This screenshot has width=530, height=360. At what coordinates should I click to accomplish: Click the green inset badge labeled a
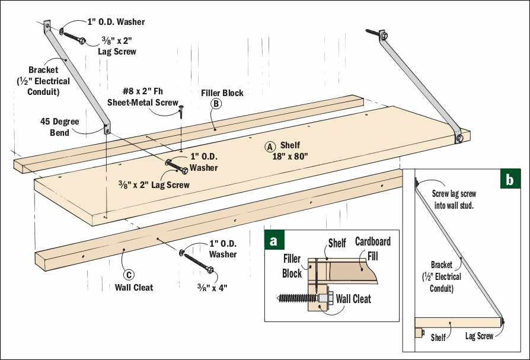click(273, 241)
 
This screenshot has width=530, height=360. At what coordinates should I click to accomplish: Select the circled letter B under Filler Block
click(216, 104)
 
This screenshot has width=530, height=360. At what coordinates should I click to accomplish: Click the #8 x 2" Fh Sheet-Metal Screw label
click(142, 97)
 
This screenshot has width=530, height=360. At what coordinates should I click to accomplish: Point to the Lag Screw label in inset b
click(479, 336)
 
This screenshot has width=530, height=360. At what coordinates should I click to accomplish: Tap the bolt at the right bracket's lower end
click(459, 139)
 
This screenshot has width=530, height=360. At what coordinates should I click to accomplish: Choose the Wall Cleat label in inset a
click(353, 299)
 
